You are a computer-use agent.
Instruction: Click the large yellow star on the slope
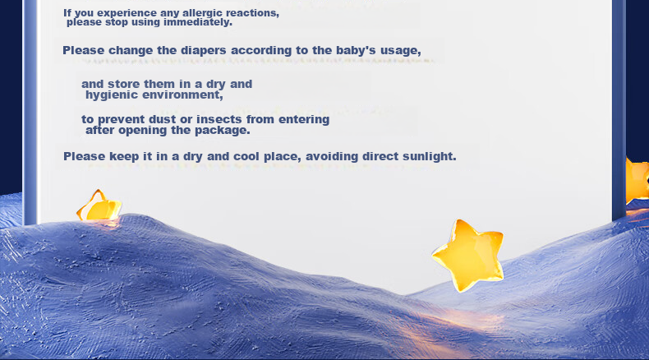click(x=468, y=255)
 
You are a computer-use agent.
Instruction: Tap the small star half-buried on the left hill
click(x=99, y=206)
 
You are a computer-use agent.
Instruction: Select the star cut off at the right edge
click(x=637, y=181)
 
